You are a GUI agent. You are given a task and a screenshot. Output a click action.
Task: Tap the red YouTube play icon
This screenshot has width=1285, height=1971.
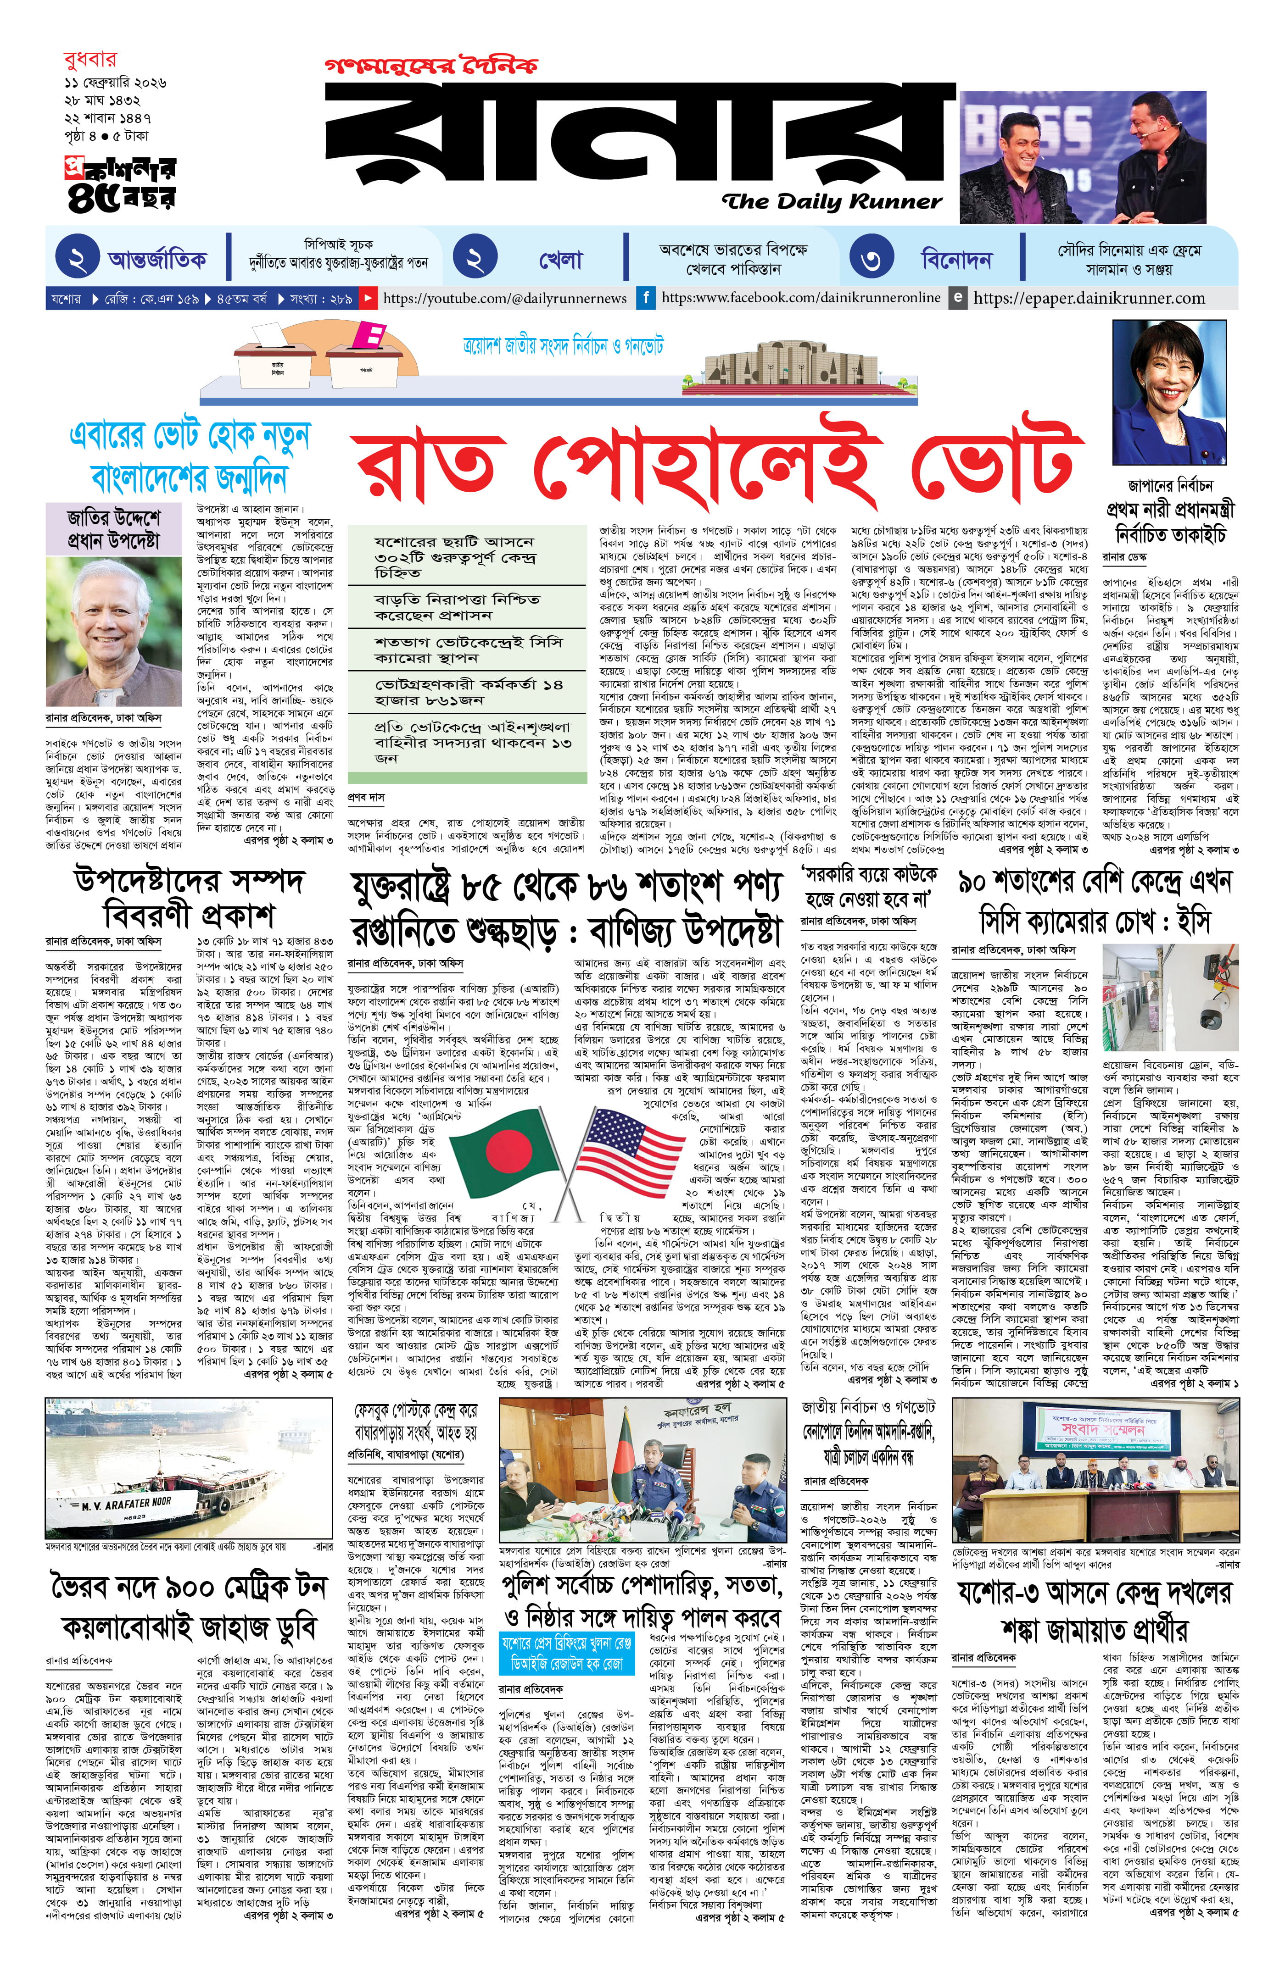pos(367,297)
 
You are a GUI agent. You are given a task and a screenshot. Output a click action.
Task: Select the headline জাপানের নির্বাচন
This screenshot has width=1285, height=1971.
pos(1169,486)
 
